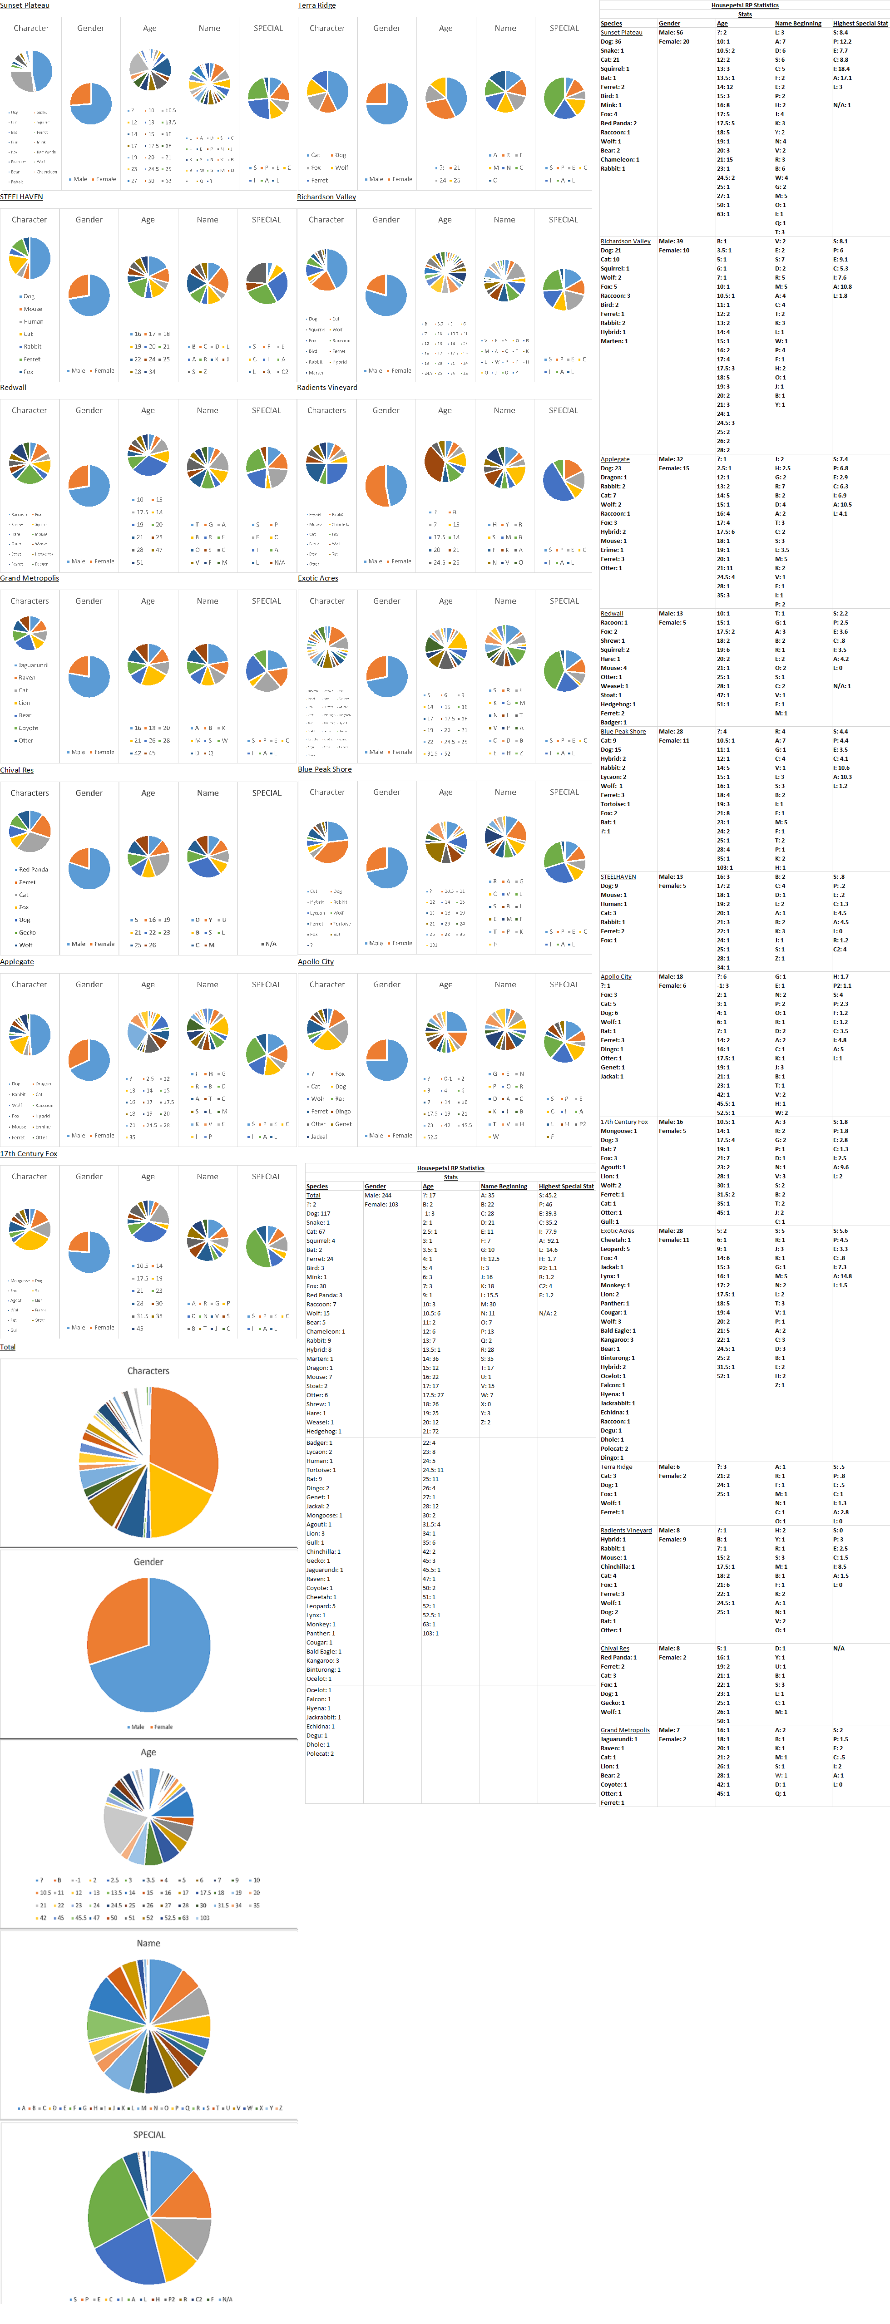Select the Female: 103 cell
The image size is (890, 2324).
381,1204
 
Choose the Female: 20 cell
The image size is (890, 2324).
673,41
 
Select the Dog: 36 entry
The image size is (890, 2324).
611,41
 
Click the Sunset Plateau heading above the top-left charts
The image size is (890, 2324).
25,5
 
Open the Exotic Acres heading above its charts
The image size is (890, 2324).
318,578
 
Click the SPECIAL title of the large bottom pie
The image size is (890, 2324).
149,2135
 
